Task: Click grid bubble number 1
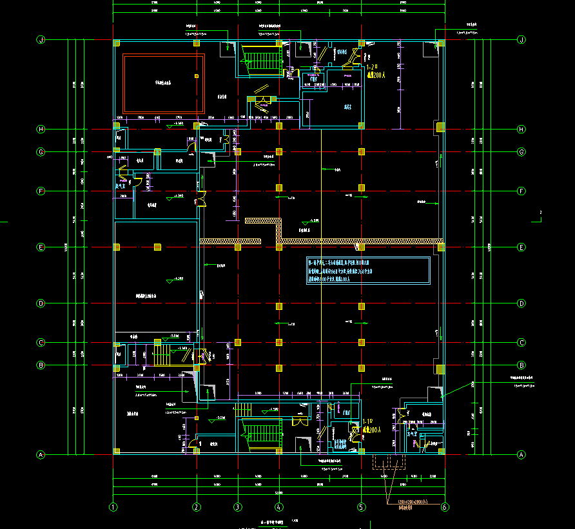point(113,507)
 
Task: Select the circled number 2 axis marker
point(197,507)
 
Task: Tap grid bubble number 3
point(237,507)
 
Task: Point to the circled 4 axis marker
point(278,507)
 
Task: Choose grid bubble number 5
point(361,507)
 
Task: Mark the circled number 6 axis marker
point(444,507)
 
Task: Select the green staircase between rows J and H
point(262,61)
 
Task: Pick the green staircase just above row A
point(262,435)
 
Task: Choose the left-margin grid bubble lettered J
point(41,40)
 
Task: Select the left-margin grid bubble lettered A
point(41,454)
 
